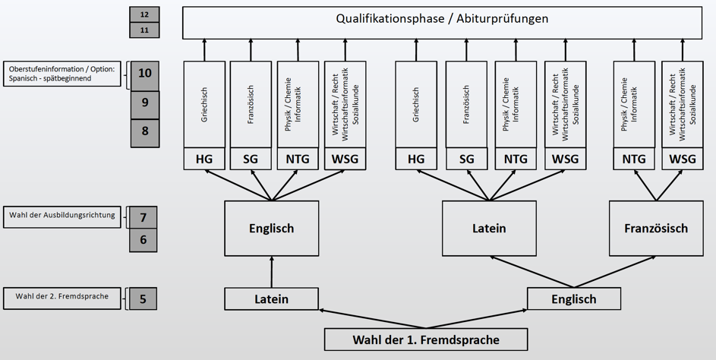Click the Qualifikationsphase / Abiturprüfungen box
442,22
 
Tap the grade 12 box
144,14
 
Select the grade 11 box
144,30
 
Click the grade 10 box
145,76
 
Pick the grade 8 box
145,134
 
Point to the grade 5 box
143,298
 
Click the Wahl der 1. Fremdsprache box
426,339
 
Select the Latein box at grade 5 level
271,298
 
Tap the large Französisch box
656,229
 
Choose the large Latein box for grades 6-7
489,229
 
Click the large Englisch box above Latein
271,229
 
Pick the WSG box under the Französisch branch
682,159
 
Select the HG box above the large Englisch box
204,159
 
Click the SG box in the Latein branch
466,159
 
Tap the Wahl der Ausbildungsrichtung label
62,217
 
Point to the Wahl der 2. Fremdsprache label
62,298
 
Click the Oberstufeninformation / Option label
62,74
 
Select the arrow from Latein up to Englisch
272,272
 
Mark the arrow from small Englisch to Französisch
614,272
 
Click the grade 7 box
143,217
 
